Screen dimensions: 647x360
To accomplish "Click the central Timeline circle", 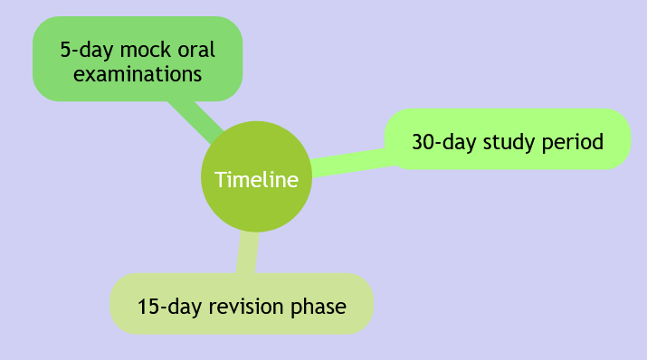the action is pyautogui.click(x=256, y=176).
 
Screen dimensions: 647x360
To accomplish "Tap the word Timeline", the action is pyautogui.click(x=256, y=180).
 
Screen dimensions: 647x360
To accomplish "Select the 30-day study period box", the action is pyautogui.click(x=508, y=139).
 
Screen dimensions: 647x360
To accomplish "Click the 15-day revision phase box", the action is pyautogui.click(x=242, y=304).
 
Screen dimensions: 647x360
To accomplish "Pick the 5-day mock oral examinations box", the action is pyautogui.click(x=138, y=59).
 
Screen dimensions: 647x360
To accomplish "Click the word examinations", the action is pyautogui.click(x=138, y=74).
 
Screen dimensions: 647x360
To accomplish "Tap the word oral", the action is pyautogui.click(x=196, y=50).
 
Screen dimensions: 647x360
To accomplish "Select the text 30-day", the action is pyautogui.click(x=444, y=143).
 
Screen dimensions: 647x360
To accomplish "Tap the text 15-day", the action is pyautogui.click(x=169, y=308).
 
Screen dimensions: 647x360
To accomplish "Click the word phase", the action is pyautogui.click(x=319, y=308).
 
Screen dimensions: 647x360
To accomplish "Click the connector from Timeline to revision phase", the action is pyautogui.click(x=248, y=251).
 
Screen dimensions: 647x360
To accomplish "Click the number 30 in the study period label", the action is pyautogui.click(x=423, y=142).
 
